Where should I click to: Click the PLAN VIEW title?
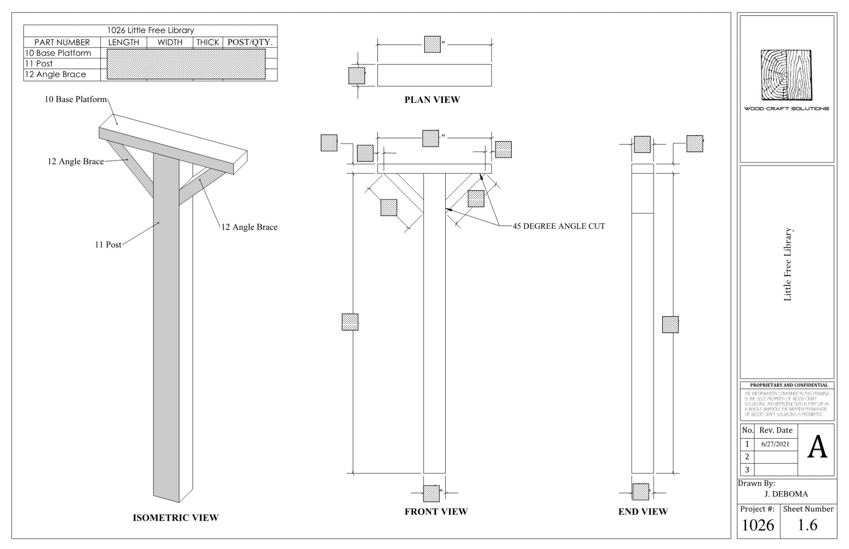coord(432,100)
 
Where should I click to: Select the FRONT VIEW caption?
coord(436,512)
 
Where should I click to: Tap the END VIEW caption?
coord(643,512)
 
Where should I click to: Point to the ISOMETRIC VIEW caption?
coord(175,518)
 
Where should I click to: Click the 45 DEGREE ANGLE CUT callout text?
coord(559,226)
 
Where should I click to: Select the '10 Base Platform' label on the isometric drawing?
coord(75,99)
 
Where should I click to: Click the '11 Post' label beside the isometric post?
coord(108,245)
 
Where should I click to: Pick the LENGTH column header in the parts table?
coord(124,42)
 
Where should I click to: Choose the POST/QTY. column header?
coord(250,42)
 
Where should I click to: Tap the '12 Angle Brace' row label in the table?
coord(55,74)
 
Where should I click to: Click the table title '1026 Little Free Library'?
coord(150,30)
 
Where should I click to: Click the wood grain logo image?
coord(786,75)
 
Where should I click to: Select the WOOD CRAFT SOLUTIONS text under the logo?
coord(786,109)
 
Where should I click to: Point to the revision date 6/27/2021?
coord(775,444)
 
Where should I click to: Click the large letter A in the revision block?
coord(817,448)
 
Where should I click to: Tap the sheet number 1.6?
coord(807,525)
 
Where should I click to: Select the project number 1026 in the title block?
coord(757,525)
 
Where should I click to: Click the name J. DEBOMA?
coord(786,494)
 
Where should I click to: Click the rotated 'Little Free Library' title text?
coord(787,264)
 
